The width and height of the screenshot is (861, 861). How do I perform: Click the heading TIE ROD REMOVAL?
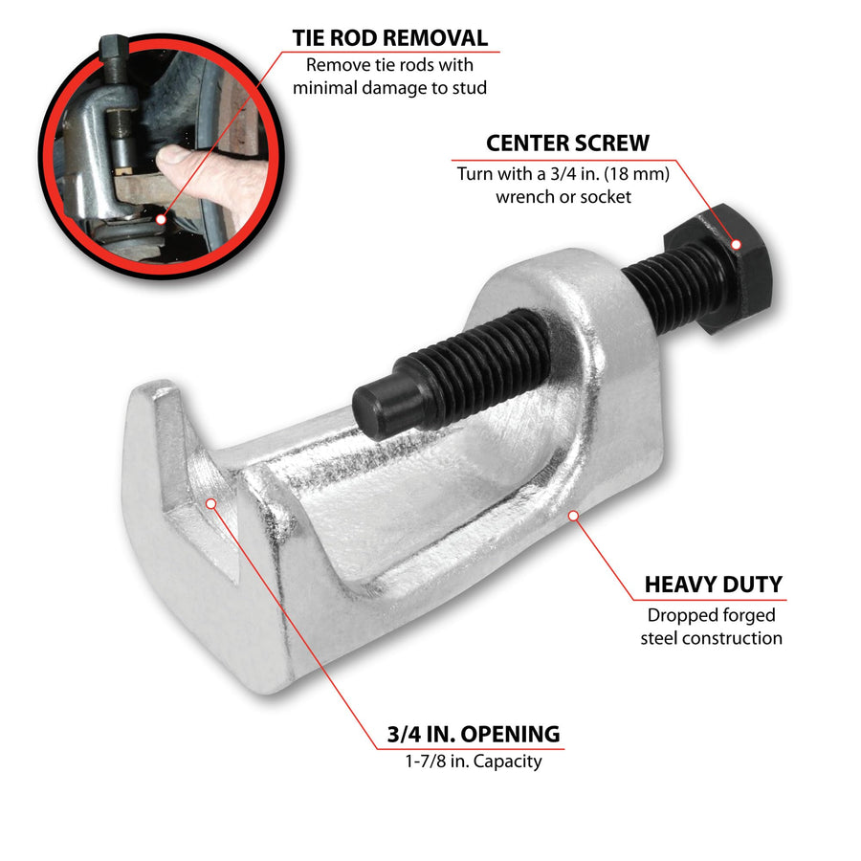pos(390,38)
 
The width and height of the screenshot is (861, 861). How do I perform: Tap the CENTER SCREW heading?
pos(567,143)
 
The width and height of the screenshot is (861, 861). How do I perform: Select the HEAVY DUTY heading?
pos(714,585)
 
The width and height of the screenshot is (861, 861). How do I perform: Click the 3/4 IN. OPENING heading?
pos(474,734)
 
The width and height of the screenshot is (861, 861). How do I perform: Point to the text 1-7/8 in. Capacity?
pos(474,762)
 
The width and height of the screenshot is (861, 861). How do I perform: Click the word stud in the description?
pos(469,88)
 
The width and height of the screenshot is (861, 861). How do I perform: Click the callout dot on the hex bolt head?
pos(737,244)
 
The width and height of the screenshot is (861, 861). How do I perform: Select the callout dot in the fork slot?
pos(211,503)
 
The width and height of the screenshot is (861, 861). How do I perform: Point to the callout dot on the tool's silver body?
pos(573,516)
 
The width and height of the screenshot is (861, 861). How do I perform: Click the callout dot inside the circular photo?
pos(161,219)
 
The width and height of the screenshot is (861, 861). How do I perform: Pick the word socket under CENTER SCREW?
pos(606,197)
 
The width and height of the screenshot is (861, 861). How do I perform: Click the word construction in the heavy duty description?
pos(732,639)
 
